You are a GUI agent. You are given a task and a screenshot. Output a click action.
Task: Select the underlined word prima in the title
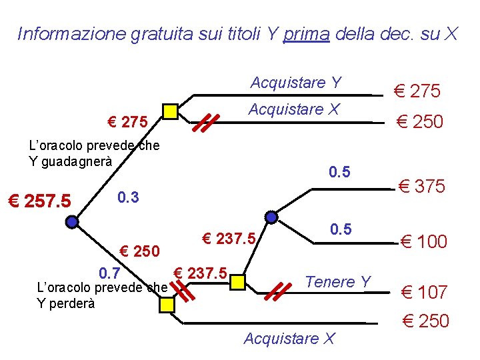tap(306, 34)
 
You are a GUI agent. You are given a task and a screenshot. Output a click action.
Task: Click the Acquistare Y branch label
tap(296, 83)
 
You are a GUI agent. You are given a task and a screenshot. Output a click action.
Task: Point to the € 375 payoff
tap(421, 187)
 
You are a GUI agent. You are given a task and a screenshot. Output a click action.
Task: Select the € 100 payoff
tap(423, 241)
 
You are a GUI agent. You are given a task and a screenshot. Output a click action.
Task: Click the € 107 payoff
tap(423, 292)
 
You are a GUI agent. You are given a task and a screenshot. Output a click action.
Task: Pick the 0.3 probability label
tap(128, 198)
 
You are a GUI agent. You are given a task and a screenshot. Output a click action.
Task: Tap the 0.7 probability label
tap(109, 273)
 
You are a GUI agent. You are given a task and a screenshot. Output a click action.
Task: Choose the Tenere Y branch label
tap(338, 282)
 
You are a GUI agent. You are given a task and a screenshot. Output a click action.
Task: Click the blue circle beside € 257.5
tap(73, 222)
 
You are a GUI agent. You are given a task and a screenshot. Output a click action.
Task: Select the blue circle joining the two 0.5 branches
tap(271, 217)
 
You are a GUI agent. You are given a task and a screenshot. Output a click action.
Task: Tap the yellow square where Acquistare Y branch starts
tap(171, 111)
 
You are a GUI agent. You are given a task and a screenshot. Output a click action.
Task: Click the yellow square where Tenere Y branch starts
tap(238, 282)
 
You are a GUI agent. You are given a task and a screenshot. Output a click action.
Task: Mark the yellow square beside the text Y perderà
tap(167, 305)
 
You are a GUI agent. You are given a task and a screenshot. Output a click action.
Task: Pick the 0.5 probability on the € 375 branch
tap(339, 172)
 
